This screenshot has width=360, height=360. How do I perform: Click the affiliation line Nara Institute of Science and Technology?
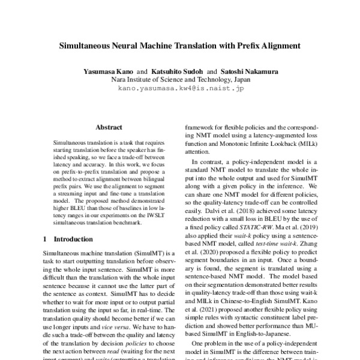[180, 80]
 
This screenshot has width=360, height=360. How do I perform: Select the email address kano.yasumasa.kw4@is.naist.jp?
[180, 88]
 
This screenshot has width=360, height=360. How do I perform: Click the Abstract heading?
[109, 127]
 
